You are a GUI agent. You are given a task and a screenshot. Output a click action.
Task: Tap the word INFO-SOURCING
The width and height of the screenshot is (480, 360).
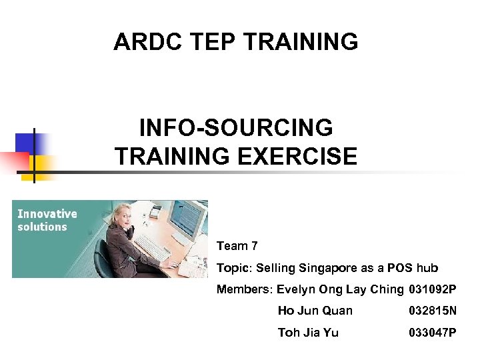(x=235, y=127)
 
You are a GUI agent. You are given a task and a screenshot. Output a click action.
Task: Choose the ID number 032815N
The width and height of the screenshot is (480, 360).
(x=433, y=311)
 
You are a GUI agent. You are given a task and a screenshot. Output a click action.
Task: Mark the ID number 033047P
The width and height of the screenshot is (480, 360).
(x=433, y=333)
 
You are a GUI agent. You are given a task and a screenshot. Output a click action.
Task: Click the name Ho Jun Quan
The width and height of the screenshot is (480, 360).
(x=315, y=311)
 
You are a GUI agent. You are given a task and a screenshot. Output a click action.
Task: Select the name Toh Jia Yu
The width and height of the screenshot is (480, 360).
(x=308, y=333)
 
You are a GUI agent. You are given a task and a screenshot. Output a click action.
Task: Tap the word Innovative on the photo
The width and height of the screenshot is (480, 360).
(x=47, y=214)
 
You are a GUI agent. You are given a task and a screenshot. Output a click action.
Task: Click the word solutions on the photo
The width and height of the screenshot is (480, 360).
(x=42, y=227)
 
